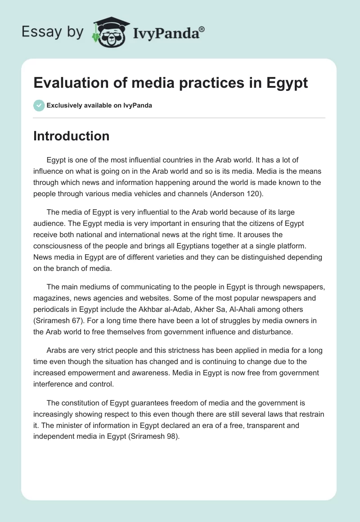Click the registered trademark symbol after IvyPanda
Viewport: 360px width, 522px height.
[202, 29]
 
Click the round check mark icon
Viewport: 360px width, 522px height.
[39, 105]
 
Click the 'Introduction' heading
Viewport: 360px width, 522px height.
[71, 136]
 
